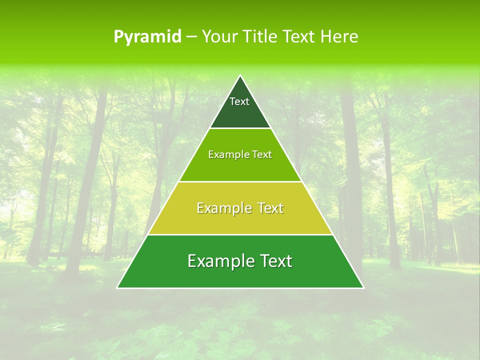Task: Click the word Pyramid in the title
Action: click(x=147, y=37)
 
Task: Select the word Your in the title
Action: click(x=218, y=37)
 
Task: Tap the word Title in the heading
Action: click(x=259, y=37)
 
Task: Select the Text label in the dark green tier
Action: click(x=239, y=101)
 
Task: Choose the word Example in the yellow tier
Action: click(x=223, y=208)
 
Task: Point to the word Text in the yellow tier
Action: click(x=268, y=208)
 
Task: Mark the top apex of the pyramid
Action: click(x=240, y=75)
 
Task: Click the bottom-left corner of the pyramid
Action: click(x=117, y=288)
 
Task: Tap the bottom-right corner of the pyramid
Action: click(x=363, y=288)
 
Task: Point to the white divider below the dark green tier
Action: click(x=240, y=128)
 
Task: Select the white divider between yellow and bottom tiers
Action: click(x=240, y=234)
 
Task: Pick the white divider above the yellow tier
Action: click(x=240, y=181)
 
